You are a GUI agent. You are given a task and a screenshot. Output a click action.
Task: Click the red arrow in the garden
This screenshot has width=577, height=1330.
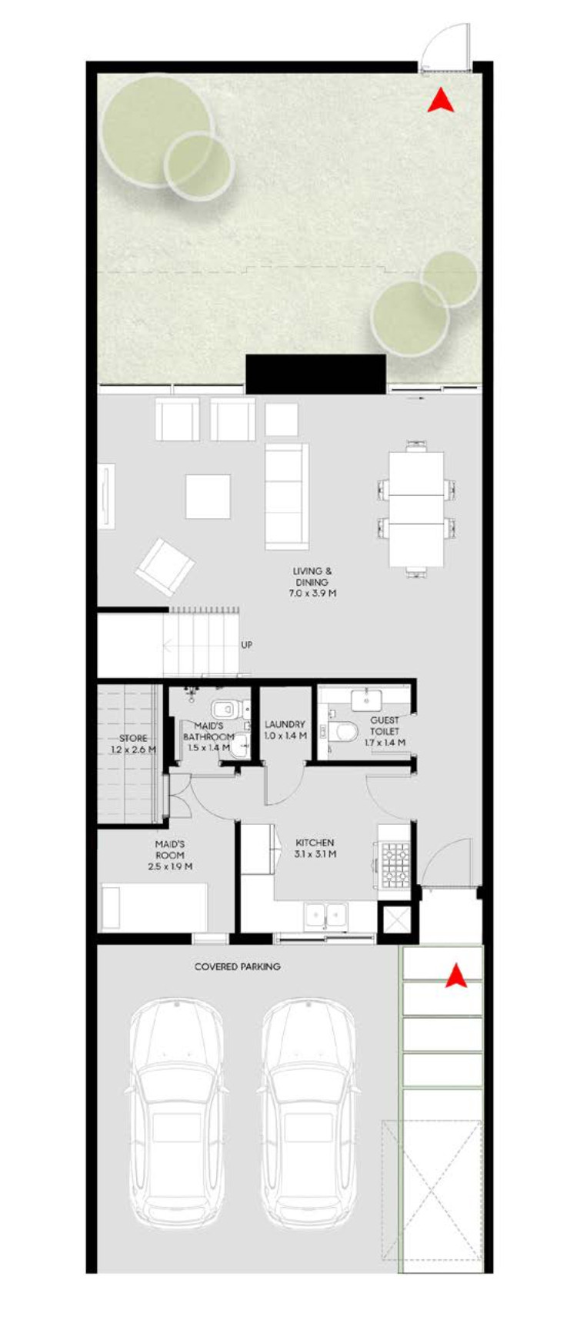point(441,101)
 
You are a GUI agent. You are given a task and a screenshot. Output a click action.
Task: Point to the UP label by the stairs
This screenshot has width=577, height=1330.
point(246,645)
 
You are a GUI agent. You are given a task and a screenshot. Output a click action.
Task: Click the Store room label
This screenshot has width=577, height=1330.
point(132,743)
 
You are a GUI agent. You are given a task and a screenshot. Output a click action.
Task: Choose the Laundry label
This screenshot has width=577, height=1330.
point(285,730)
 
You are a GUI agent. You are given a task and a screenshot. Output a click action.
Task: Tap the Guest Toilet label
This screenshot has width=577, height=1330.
point(385,731)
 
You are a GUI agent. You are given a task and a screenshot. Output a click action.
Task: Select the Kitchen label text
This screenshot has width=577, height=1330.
point(315,848)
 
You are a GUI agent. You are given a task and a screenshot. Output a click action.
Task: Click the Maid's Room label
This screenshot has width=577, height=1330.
point(169,855)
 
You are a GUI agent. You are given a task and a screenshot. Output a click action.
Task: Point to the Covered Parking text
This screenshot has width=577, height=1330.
point(237,966)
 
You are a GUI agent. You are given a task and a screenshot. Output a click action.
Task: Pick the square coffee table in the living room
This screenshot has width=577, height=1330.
point(208,497)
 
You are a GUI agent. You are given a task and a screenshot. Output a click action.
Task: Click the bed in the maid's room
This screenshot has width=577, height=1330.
point(155,907)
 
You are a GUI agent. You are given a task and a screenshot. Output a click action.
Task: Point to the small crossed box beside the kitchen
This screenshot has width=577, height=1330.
point(398,920)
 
